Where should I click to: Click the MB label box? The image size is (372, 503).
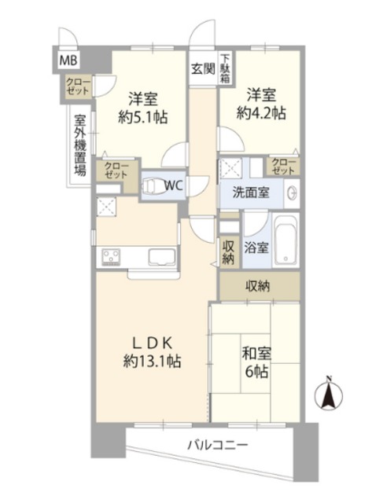point(68,61)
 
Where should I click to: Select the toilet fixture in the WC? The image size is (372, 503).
point(152,185)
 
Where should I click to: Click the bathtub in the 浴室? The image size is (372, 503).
point(285,240)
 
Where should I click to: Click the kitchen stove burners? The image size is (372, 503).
point(111,257)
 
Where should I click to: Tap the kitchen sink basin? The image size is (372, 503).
point(162,257)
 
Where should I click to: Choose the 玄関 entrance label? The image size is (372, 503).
point(203,68)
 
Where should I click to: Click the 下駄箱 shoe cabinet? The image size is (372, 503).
point(226,68)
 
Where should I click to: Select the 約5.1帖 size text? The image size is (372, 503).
point(142,118)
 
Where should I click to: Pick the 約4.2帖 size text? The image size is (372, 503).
point(261,113)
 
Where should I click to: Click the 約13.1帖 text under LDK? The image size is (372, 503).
point(152,362)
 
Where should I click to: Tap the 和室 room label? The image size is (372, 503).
point(256,354)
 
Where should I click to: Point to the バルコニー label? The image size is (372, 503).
point(218,446)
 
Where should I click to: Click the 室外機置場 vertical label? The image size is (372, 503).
point(80,145)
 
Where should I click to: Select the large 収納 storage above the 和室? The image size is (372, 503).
point(260,286)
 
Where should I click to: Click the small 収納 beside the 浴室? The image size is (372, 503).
point(228,252)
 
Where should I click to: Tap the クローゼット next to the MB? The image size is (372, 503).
point(79,86)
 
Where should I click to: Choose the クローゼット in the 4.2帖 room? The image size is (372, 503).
point(283,167)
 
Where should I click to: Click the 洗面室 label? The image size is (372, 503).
point(251,193)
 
